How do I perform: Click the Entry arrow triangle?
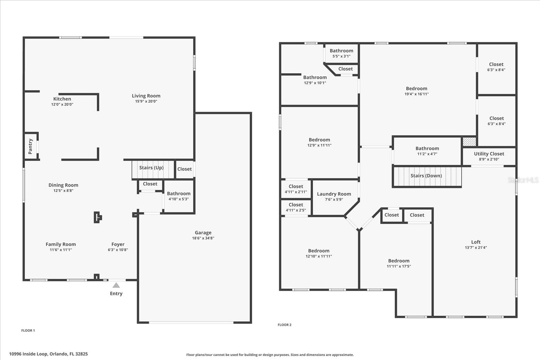click(x=116, y=285)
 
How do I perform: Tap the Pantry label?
click(x=30, y=146)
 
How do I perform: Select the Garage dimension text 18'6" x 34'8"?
click(x=203, y=238)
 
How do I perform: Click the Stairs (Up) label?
click(x=151, y=168)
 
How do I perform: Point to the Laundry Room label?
click(x=334, y=194)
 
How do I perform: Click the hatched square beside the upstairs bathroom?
click(x=469, y=142)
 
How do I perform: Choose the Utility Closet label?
click(x=489, y=154)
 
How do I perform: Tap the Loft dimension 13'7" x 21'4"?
click(x=476, y=248)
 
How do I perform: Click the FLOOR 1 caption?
click(x=28, y=331)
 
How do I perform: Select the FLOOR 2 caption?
click(x=285, y=325)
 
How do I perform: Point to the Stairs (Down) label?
click(x=426, y=176)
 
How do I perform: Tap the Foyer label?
click(x=118, y=244)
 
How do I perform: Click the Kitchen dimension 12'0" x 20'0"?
click(x=62, y=105)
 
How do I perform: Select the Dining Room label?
click(x=63, y=185)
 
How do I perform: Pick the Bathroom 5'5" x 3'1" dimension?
click(x=341, y=56)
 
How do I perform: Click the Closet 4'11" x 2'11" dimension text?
click(x=296, y=192)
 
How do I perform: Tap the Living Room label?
click(x=146, y=96)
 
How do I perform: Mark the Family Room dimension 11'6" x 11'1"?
click(x=61, y=250)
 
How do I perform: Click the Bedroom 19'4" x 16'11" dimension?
click(x=416, y=94)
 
